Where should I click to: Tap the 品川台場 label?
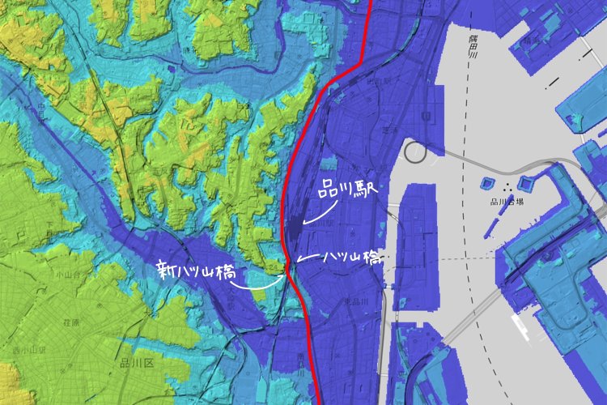click(x=507, y=203)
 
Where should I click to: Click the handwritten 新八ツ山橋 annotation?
click(x=197, y=271)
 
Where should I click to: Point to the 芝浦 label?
click(x=390, y=130)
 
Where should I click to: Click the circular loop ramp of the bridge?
click(x=418, y=151)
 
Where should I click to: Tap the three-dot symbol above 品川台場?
click(x=507, y=189)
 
